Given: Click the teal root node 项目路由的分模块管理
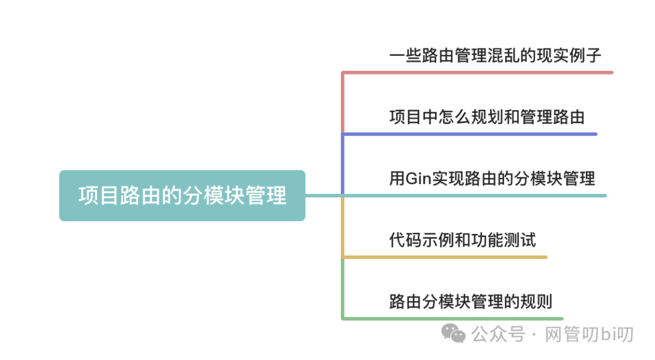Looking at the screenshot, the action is click(182, 195).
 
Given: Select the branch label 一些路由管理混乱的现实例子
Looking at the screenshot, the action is click(495, 56).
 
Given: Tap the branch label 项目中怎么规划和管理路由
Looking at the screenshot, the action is click(487, 117).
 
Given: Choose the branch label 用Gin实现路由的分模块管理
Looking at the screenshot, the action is click(492, 178).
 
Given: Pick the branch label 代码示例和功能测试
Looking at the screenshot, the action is click(462, 240).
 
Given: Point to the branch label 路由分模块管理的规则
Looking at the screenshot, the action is click(471, 301).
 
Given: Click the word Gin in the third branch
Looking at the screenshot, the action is click(418, 179).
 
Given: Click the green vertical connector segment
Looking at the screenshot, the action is click(343, 288).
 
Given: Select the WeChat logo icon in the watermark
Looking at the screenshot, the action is click(454, 332).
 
